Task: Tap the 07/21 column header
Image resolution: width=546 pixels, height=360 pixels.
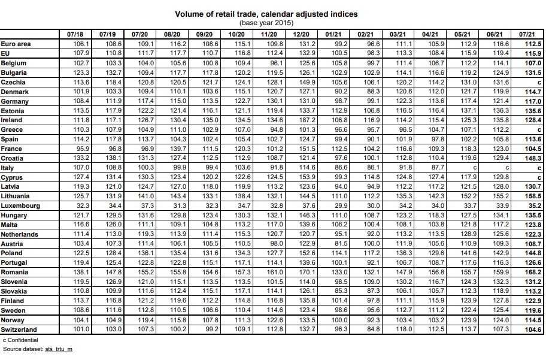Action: [x=527, y=35]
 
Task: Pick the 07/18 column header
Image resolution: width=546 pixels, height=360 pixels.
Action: [x=75, y=35]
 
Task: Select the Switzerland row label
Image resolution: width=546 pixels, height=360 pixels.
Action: [x=19, y=329]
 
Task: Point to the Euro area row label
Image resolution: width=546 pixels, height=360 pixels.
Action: [x=16, y=44]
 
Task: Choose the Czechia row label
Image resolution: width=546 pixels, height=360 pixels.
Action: [x=13, y=82]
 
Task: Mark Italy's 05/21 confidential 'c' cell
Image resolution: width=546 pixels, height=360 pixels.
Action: [x=474, y=168]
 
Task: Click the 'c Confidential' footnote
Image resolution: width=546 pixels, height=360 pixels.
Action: [x=20, y=340]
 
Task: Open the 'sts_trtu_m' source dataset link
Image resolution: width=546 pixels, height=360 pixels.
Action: [x=59, y=349]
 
